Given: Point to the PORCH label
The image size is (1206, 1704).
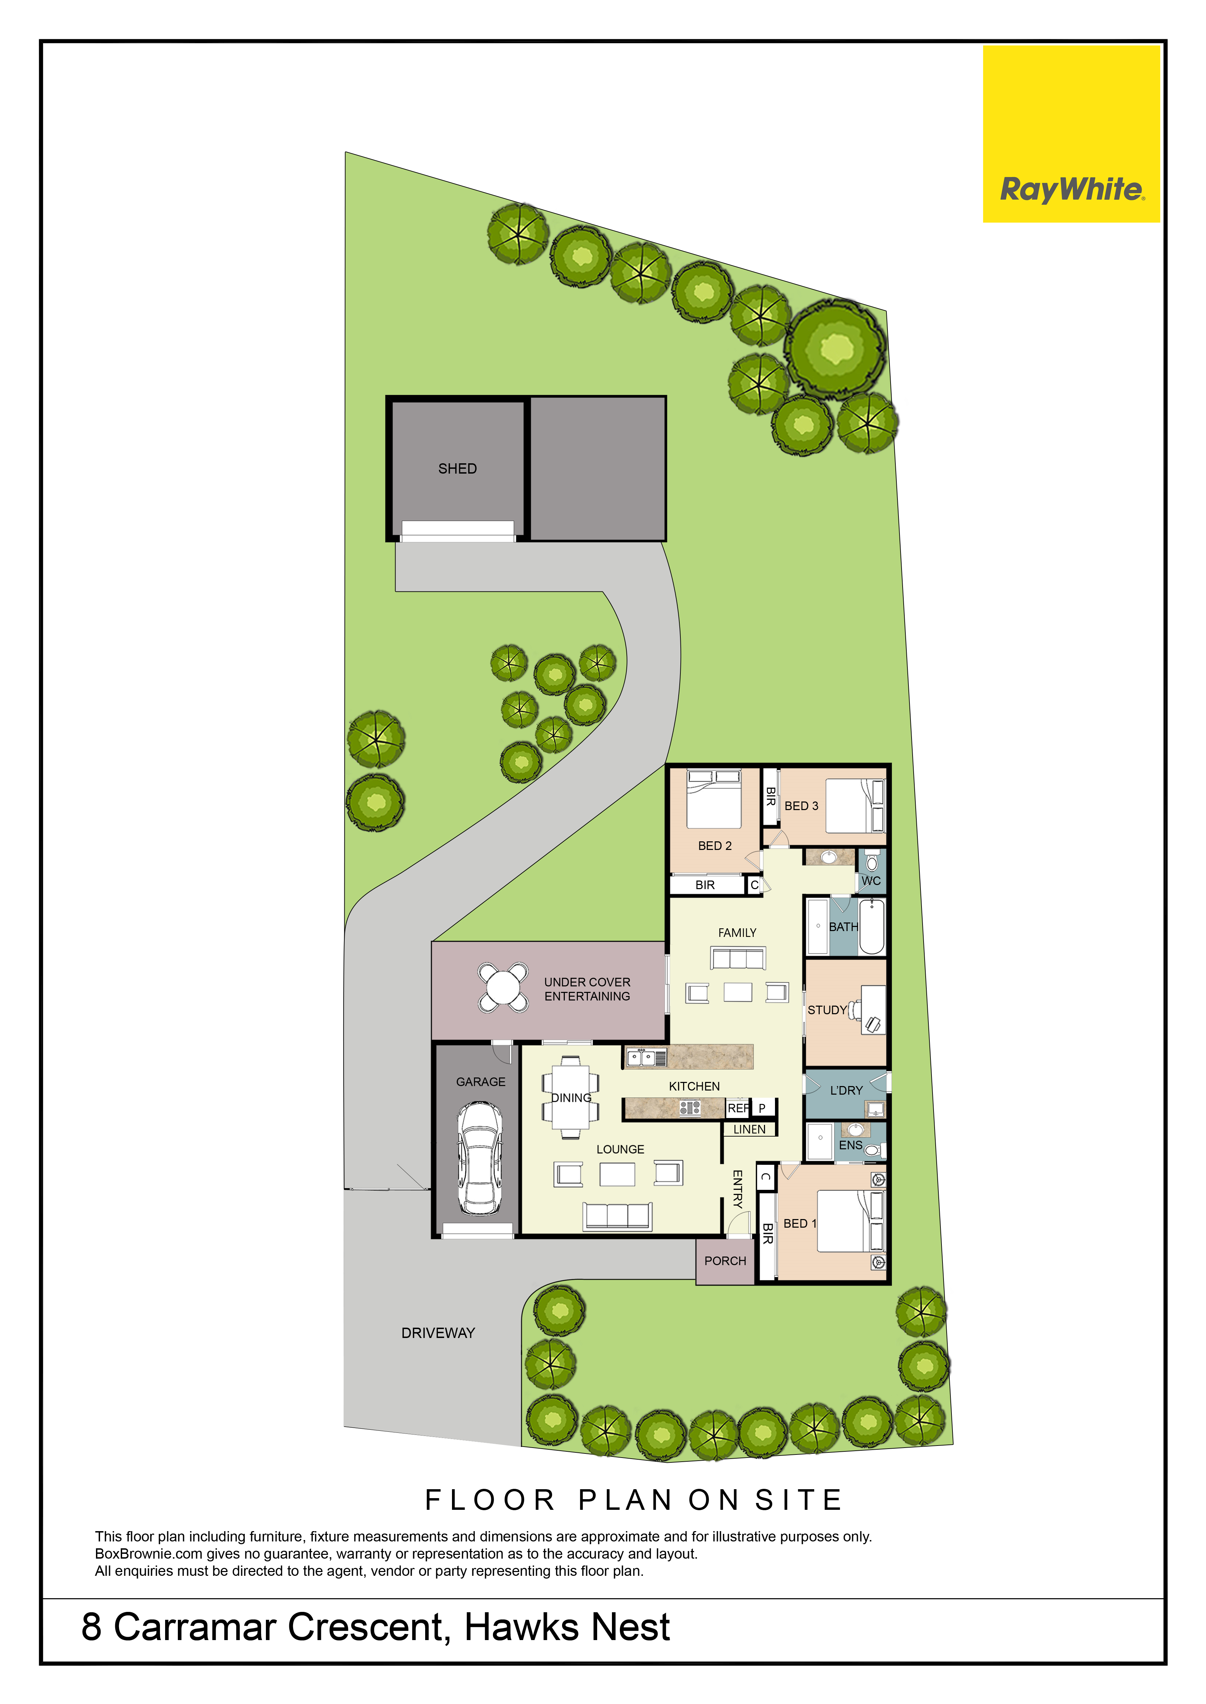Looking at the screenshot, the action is (x=725, y=1261).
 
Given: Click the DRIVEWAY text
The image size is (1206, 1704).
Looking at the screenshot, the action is (x=438, y=1333).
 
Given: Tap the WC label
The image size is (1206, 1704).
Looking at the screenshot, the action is (x=871, y=881).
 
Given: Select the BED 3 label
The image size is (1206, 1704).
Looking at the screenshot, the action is (x=801, y=806).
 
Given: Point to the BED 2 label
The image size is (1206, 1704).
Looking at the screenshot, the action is (x=714, y=846).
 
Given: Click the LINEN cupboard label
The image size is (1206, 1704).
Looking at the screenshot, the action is (x=749, y=1130).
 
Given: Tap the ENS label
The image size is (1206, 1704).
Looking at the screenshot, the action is (x=850, y=1145).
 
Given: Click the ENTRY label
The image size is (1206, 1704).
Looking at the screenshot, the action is (x=737, y=1189).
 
